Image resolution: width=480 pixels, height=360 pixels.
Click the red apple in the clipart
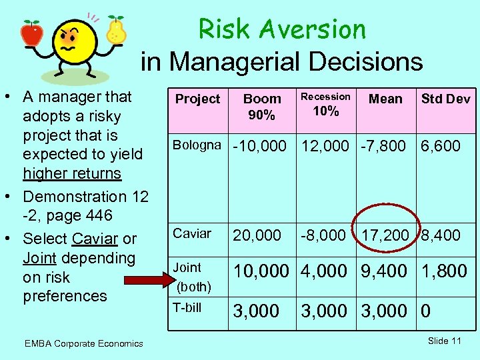click(31, 33)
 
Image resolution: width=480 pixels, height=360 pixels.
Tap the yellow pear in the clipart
click(116, 32)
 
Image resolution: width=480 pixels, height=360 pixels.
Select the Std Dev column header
click(445, 99)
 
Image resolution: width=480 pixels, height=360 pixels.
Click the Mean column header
click(385, 99)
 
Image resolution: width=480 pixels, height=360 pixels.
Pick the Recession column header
click(325, 97)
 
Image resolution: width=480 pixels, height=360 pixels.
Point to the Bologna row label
click(197, 145)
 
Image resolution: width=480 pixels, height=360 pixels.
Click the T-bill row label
click(187, 307)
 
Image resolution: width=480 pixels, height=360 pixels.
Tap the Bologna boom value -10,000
click(259, 146)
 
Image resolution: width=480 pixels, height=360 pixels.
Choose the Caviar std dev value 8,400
click(440, 235)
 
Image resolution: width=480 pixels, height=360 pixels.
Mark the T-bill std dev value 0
click(427, 311)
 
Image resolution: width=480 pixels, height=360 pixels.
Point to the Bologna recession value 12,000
click(325, 146)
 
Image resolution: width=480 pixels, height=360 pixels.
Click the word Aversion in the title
click(313, 29)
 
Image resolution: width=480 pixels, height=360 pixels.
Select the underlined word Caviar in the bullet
click(95, 239)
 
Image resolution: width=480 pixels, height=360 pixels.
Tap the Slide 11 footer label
click(445, 341)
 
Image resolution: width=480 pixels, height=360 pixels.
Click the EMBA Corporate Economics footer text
click(83, 343)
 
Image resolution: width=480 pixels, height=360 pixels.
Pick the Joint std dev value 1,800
click(444, 271)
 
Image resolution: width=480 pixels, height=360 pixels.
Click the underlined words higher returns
click(72, 173)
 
